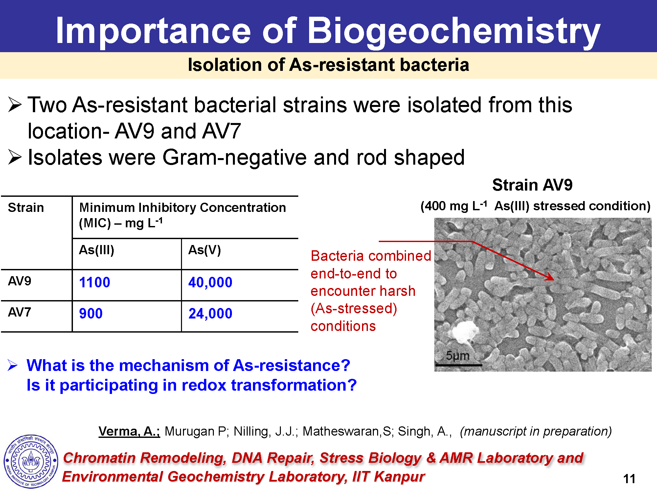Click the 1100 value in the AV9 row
(95, 282)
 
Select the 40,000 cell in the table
(210, 282)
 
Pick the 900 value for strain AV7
(91, 314)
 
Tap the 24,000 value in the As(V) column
(210, 314)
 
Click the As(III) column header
(97, 250)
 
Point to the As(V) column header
(204, 250)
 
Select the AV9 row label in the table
(20, 281)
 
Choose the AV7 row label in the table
(20, 312)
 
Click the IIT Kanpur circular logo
(31, 461)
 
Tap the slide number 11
(629, 479)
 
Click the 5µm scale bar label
(458, 356)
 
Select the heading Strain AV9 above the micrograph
(532, 185)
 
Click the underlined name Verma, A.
(129, 431)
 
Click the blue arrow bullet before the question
(12, 365)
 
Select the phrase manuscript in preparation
(536, 431)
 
